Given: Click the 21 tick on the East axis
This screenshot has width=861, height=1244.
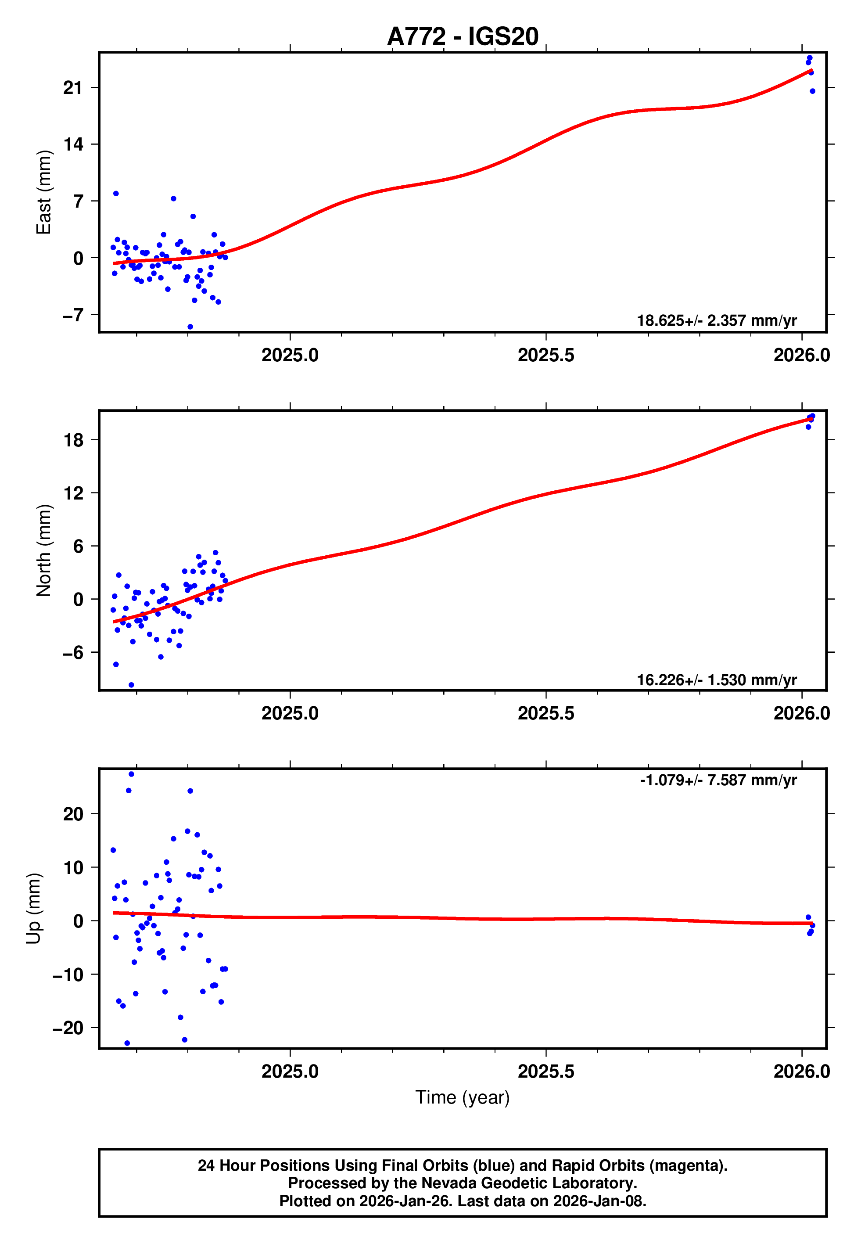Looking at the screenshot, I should click(73, 87).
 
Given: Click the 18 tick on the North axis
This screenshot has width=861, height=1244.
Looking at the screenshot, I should click(74, 440).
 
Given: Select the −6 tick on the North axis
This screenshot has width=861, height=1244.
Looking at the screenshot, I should click(73, 652).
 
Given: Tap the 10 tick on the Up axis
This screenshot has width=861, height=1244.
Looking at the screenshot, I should click(74, 867).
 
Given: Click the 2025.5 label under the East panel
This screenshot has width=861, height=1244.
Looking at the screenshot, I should click(546, 355).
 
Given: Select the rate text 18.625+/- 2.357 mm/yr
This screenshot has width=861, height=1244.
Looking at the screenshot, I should click(717, 320).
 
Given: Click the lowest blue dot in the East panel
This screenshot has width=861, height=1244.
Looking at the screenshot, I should click(190, 327).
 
